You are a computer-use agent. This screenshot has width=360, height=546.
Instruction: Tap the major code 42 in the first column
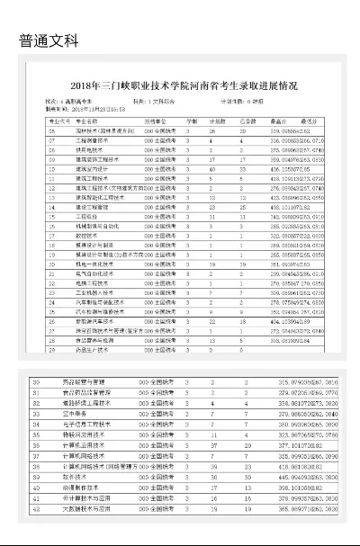36,508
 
